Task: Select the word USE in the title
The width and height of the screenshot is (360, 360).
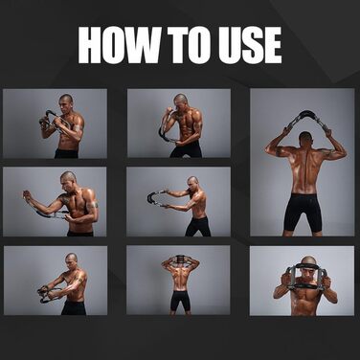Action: [x=250, y=45]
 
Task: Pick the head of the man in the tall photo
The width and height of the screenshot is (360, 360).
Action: [x=306, y=139]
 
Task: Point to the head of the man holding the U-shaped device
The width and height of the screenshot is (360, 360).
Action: [x=192, y=183]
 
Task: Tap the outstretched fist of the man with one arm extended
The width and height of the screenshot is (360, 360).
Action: [x=26, y=194]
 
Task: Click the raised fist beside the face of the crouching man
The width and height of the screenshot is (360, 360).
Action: [x=169, y=112]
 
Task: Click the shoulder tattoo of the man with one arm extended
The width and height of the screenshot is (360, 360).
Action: [x=62, y=199]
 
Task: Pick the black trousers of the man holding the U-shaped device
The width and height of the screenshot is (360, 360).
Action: [x=197, y=226]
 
